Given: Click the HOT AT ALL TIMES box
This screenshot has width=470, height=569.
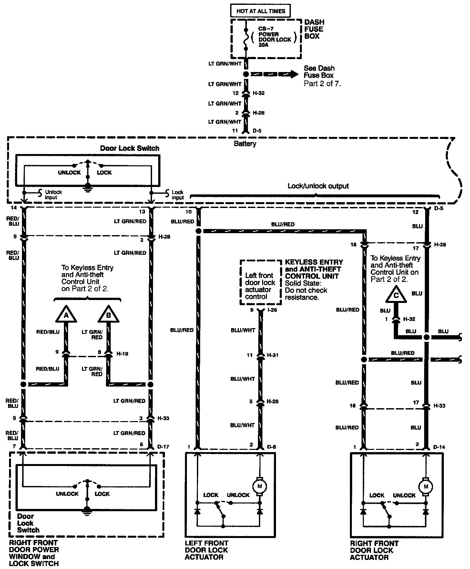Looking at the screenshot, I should pyautogui.click(x=260, y=11).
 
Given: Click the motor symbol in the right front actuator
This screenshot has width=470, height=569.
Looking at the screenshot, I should pyautogui.click(x=425, y=486).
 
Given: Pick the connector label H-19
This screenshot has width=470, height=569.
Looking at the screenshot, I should pyautogui.click(x=122, y=354).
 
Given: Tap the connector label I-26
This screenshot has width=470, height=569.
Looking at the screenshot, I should pyautogui.click(x=272, y=310).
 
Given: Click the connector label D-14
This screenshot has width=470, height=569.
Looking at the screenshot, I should pyautogui.click(x=439, y=447).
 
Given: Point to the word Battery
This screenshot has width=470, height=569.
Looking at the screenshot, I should pyautogui.click(x=245, y=144).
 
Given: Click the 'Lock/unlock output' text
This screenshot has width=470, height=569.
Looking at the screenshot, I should pyautogui.click(x=318, y=186).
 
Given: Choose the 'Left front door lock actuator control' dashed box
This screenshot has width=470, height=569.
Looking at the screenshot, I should pyautogui.click(x=260, y=282).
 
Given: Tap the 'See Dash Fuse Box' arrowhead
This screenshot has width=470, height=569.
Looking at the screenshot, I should pyautogui.click(x=293, y=74).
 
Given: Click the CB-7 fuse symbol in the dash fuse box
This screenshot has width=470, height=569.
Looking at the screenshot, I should pyautogui.click(x=246, y=38).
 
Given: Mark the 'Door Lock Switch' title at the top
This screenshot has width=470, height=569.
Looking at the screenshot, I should pyautogui.click(x=129, y=148).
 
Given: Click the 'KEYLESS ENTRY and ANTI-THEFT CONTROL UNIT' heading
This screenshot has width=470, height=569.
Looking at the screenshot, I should pyautogui.click(x=314, y=269).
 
